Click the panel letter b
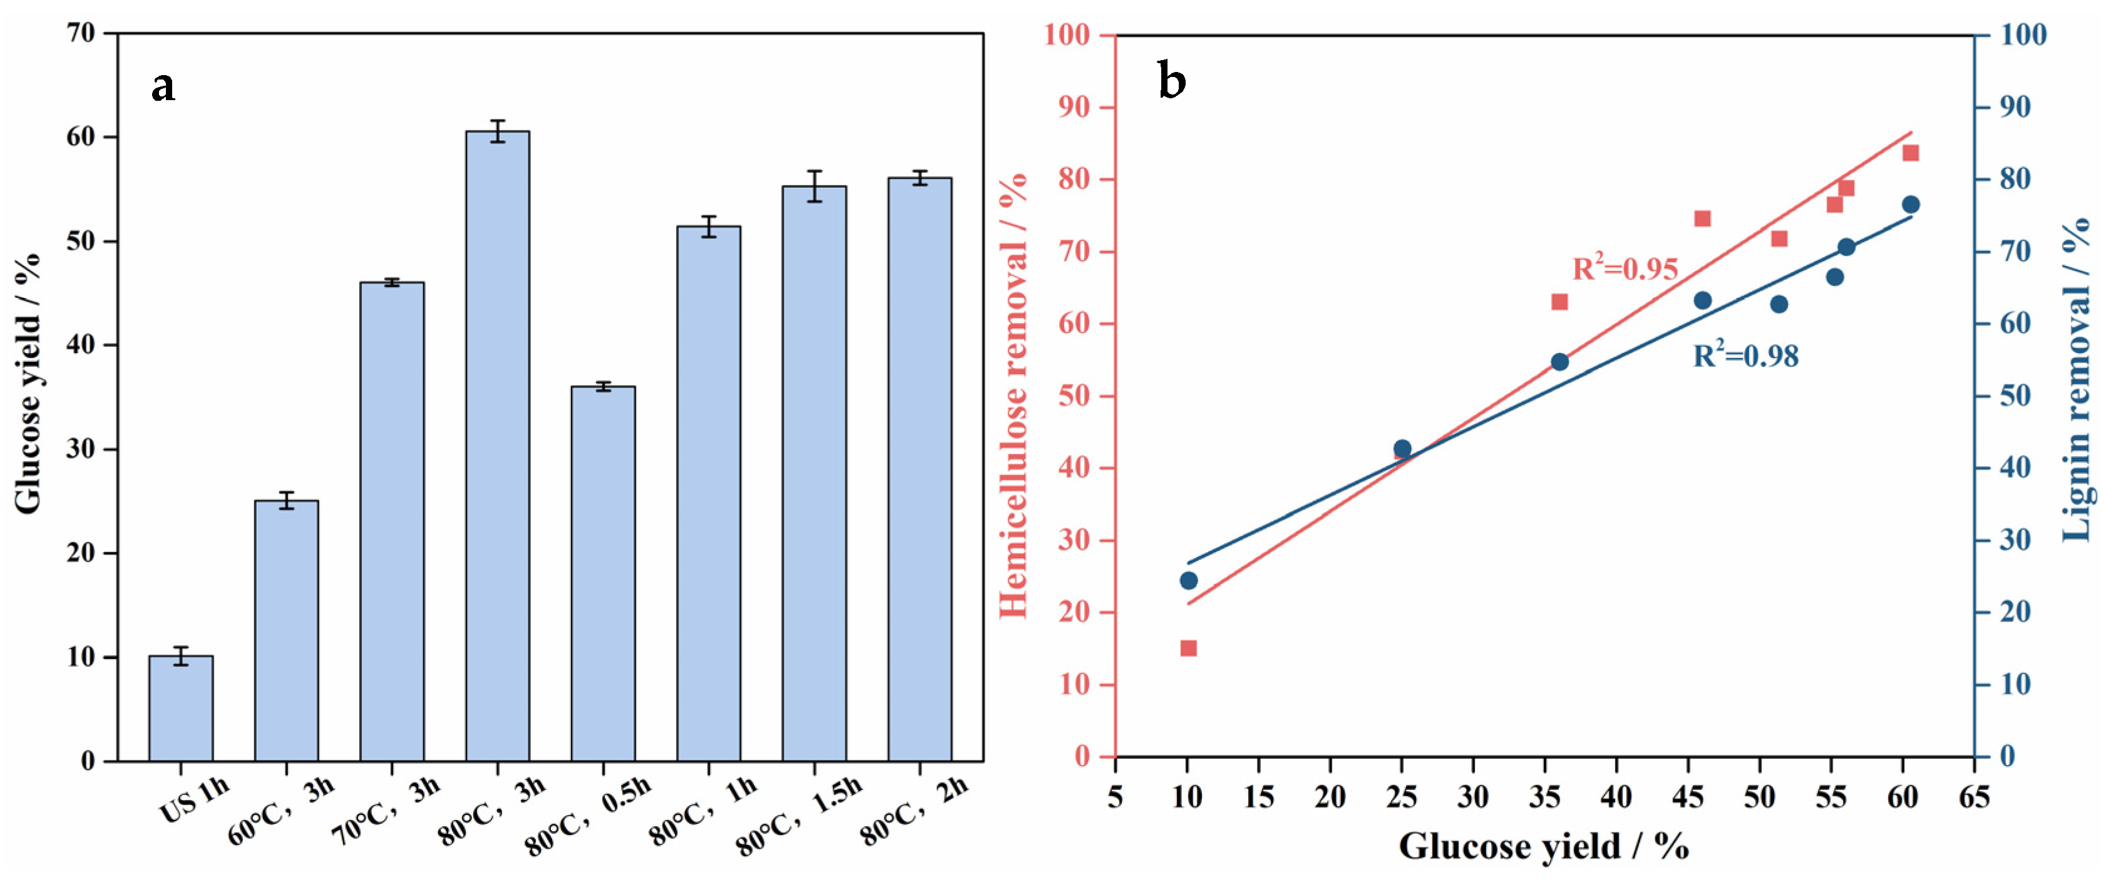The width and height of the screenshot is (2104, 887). (1171, 81)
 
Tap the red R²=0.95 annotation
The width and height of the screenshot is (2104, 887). (1624, 268)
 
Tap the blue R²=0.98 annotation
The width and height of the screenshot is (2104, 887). (1745, 356)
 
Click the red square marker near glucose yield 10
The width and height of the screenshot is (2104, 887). (1188, 648)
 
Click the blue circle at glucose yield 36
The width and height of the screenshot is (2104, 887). (1559, 362)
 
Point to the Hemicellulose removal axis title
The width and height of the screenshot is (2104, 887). (1014, 396)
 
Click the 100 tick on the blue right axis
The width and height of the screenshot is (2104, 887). (2023, 34)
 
